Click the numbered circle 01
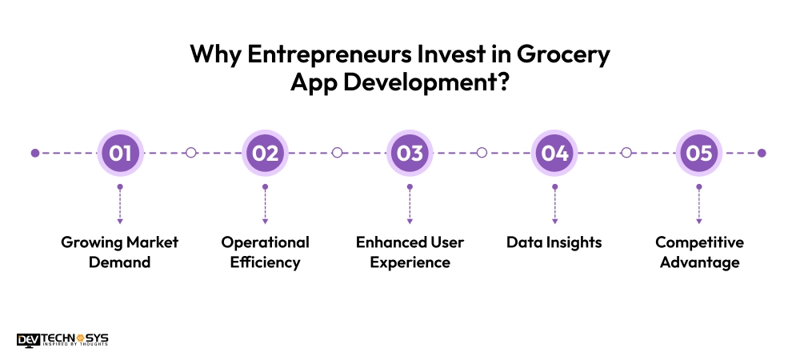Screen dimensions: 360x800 click(120, 153)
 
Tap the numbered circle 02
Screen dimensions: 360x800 click(265, 153)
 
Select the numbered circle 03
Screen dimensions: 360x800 click(410, 153)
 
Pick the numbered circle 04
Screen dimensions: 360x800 click(554, 153)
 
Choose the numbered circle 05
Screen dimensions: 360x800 click(699, 153)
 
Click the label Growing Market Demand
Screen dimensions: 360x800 click(120, 252)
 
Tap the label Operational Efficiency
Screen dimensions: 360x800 click(265, 252)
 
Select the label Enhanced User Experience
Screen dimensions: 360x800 click(410, 252)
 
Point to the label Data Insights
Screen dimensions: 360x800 click(554, 242)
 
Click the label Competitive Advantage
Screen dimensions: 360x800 click(699, 252)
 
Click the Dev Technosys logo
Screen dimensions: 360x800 click(62, 339)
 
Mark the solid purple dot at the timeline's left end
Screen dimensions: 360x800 click(34, 153)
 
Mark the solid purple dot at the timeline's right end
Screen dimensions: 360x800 click(762, 153)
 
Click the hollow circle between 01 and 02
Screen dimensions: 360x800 click(191, 153)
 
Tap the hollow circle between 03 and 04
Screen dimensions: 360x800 click(482, 153)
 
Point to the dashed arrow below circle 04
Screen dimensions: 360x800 click(554, 205)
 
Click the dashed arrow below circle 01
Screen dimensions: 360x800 click(120, 205)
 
